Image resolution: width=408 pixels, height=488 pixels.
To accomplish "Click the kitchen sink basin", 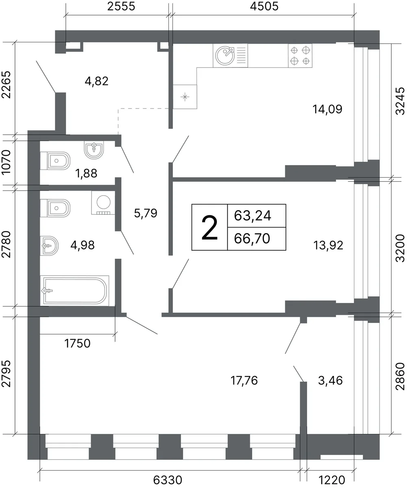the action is [x=225, y=56].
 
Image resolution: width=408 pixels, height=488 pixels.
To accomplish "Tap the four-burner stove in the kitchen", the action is [x=300, y=56].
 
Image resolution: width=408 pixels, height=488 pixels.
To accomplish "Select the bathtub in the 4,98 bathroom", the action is [x=74, y=290].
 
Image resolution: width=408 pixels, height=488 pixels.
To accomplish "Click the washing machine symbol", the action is [x=103, y=203].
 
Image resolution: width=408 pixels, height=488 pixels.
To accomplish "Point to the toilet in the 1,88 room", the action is [x=55, y=161].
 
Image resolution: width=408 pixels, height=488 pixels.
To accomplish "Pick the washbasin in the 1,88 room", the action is [x=94, y=150].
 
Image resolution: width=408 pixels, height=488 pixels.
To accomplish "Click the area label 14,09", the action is [x=327, y=109].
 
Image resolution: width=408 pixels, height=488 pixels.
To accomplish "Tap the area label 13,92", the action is [x=328, y=245].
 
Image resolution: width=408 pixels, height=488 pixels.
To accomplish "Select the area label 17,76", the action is [x=244, y=381].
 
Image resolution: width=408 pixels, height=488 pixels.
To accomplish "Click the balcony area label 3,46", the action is [x=330, y=381].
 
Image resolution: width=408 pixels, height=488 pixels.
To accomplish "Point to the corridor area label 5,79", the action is [x=146, y=213].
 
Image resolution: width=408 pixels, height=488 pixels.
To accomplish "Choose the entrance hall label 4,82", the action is [x=96, y=81].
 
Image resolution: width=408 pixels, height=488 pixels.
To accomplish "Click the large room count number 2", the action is [x=209, y=228].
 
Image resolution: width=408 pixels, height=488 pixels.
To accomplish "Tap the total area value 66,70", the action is [x=252, y=239].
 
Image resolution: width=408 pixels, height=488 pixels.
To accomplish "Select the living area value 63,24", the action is [x=253, y=216].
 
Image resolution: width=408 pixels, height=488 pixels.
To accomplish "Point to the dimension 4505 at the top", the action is [x=264, y=7].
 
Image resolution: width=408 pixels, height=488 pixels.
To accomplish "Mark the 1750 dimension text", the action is [x=77, y=344].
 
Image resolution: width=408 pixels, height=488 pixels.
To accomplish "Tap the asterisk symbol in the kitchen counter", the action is [x=185, y=97].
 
